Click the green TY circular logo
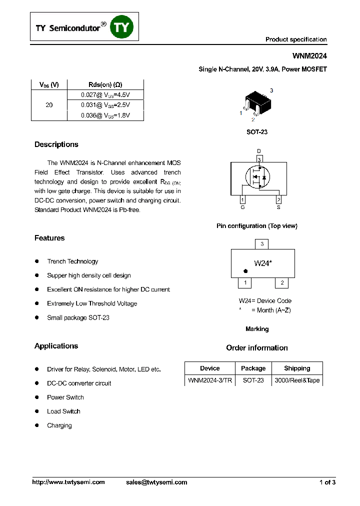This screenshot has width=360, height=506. tap(122, 27)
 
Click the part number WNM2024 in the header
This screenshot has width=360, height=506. tap(309, 57)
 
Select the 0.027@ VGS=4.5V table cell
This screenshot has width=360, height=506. tap(105, 94)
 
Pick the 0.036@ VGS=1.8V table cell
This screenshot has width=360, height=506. tap(105, 115)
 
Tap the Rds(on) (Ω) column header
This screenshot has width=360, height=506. tap(105, 84)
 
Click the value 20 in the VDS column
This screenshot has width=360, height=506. tap(49, 105)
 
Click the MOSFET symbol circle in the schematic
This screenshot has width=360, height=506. tap(257, 177)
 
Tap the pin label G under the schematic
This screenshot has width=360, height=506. tap(242, 207)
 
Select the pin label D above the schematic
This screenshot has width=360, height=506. tap(259, 151)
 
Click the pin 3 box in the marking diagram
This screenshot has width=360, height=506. tap(262, 244)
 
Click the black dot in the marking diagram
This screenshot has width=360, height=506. tap(245, 271)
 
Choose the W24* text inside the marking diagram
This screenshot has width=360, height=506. tap(263, 263)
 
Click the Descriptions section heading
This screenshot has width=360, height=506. tap(56, 144)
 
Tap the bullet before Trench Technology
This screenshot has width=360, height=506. tap(37, 261)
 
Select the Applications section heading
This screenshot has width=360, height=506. tap(56, 346)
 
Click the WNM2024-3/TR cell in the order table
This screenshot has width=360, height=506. tap(210, 380)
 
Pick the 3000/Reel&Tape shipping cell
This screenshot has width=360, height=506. tap(297, 380)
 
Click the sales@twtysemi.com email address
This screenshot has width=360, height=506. tap(156, 482)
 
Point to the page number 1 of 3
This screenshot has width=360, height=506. tap(327, 482)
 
